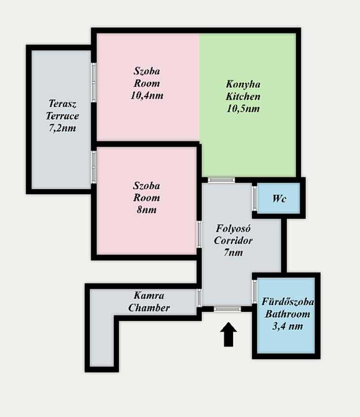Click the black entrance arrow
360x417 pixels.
click(228, 334)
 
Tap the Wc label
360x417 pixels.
click(279, 198)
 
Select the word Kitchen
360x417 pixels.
click(243, 96)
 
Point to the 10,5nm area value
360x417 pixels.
click(243, 108)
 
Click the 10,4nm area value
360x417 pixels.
click(147, 95)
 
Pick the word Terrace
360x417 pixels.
click(62, 116)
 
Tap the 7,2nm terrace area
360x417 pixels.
click(62, 128)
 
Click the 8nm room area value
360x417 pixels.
click(146, 209)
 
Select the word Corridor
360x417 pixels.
click(233, 241)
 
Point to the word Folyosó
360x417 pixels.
click(233, 228)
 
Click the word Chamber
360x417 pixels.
click(149, 308)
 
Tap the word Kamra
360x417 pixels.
click(149, 295)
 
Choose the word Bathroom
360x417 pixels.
click(288, 314)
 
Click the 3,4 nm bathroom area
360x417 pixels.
click(288, 326)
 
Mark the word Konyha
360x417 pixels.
click(243, 84)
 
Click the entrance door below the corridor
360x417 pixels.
click(227, 309)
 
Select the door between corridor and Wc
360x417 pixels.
click(254, 198)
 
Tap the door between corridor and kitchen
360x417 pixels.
click(221, 180)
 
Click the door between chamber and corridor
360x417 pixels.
click(199, 298)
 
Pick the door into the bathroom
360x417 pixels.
click(254, 292)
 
